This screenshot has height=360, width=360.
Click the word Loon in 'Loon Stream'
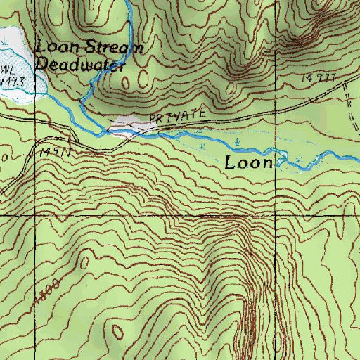(52, 48)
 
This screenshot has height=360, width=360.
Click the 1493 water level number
(10, 81)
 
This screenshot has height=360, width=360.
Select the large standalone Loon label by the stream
(248, 163)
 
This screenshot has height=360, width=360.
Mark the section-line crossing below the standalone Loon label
(276, 214)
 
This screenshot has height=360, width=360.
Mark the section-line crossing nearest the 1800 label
(0, 214)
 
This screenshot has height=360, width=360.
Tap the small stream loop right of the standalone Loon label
(283, 158)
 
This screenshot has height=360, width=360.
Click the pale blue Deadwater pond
(18, 70)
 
